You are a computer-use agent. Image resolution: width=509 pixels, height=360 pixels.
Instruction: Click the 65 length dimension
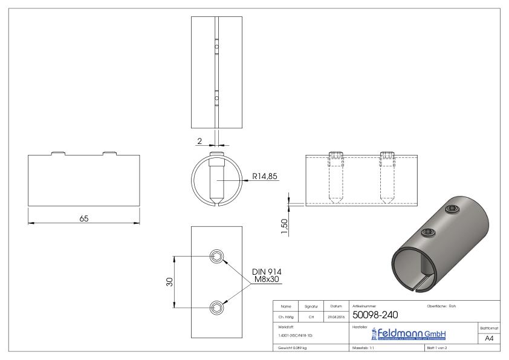tap(84, 218)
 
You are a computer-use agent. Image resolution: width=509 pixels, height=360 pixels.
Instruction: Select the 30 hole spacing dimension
tap(170, 282)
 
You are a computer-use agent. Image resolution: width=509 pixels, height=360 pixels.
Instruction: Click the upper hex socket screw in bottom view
tap(217, 257)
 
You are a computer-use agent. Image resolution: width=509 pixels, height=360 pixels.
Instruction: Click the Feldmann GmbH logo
tap(403, 334)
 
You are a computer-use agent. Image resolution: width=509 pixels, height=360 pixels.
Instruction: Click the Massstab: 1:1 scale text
tap(366, 349)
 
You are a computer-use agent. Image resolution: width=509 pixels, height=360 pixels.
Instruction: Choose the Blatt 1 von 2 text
tap(439, 349)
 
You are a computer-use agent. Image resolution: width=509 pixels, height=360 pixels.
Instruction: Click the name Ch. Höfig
tap(287, 316)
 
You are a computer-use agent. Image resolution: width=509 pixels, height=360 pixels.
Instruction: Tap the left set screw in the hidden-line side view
tap(336, 175)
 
